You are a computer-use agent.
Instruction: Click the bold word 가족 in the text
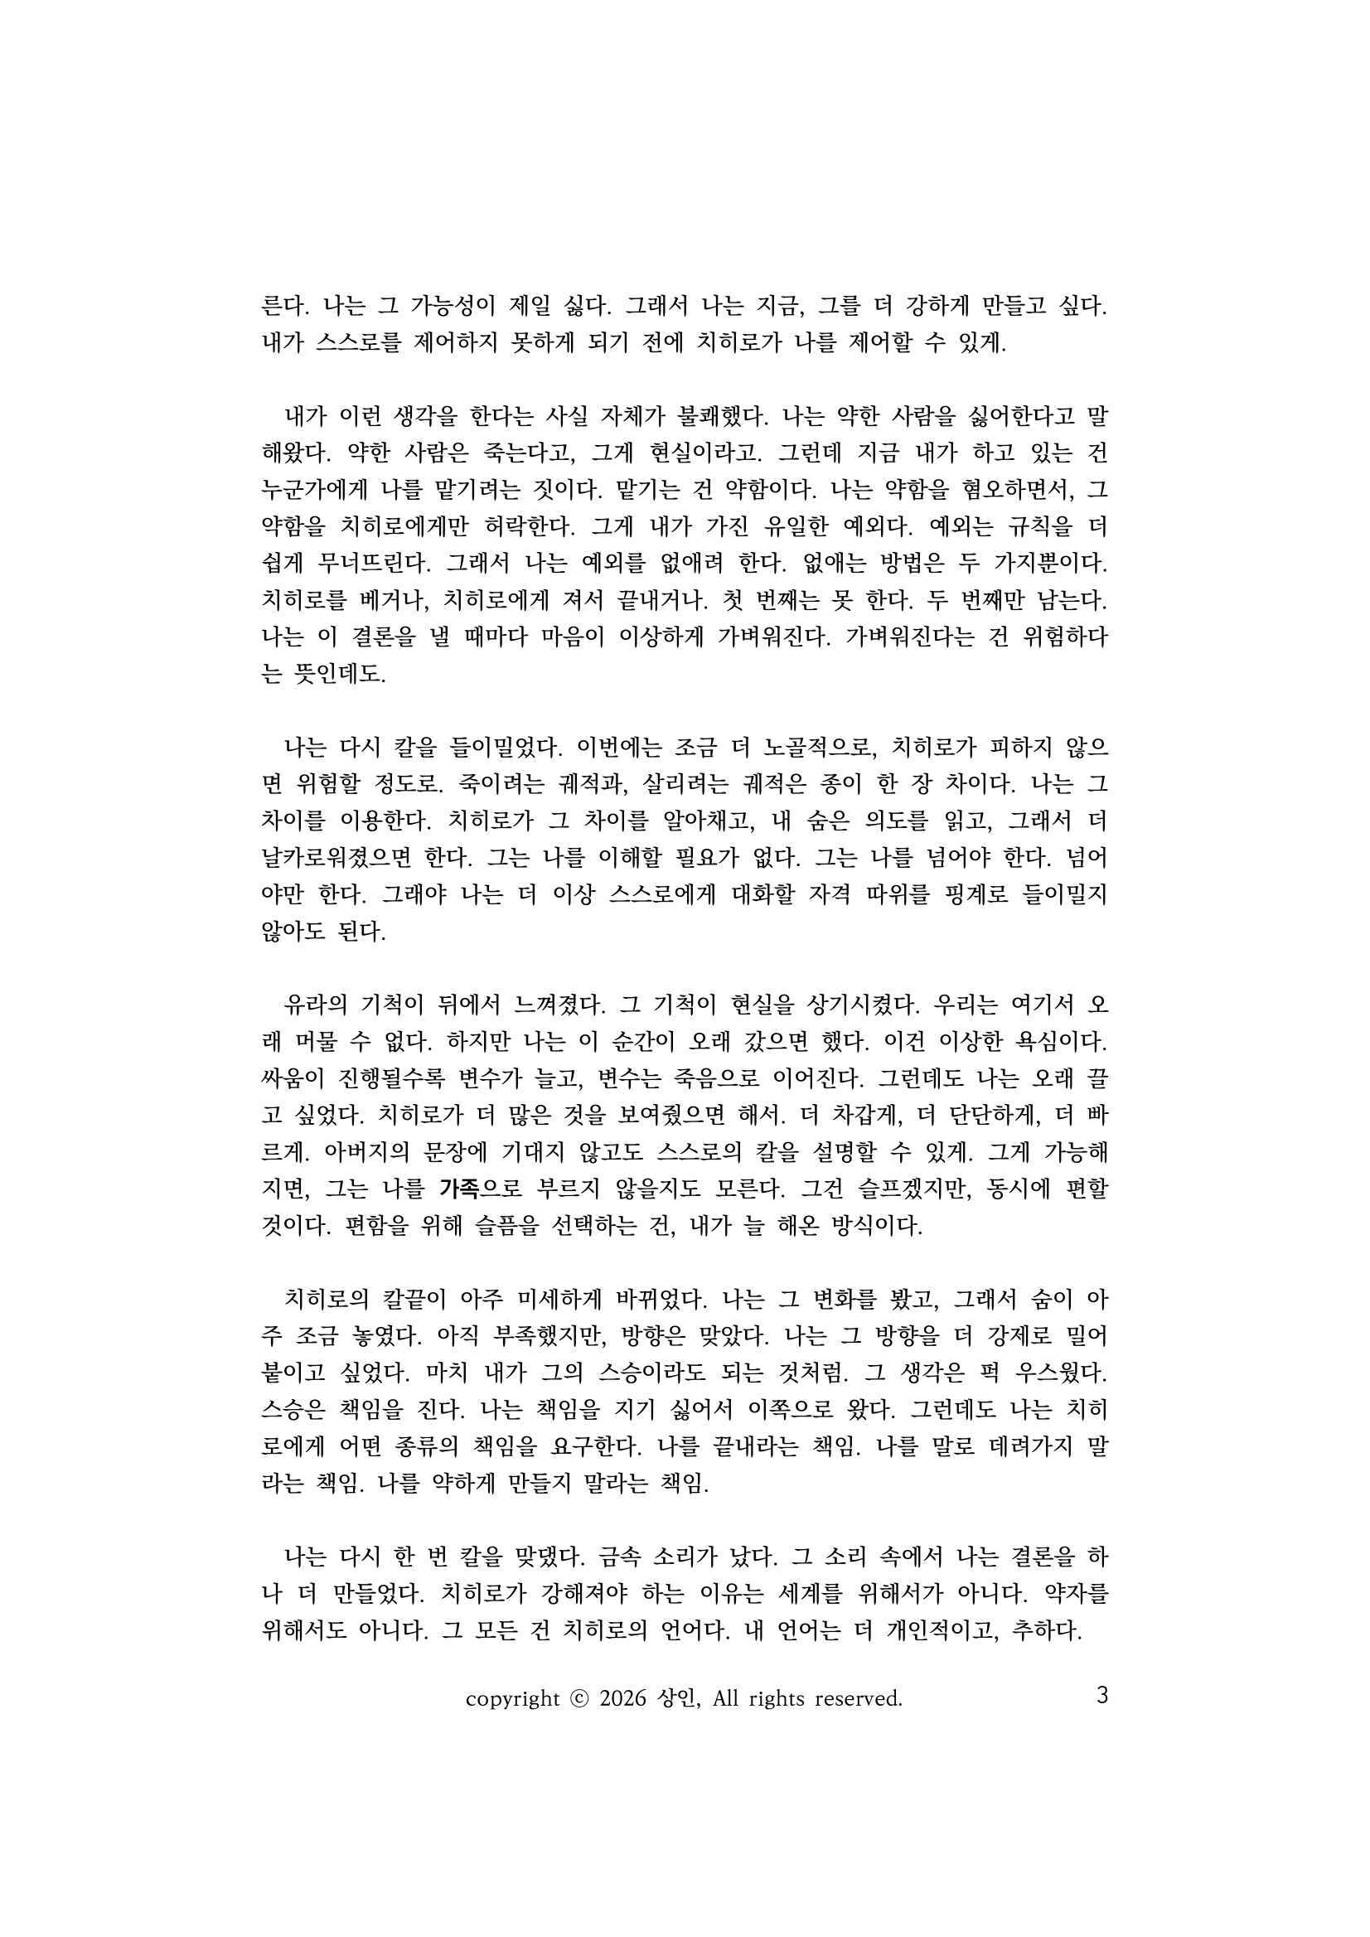coord(459,1189)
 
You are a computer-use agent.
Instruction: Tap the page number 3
coord(1101,1695)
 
